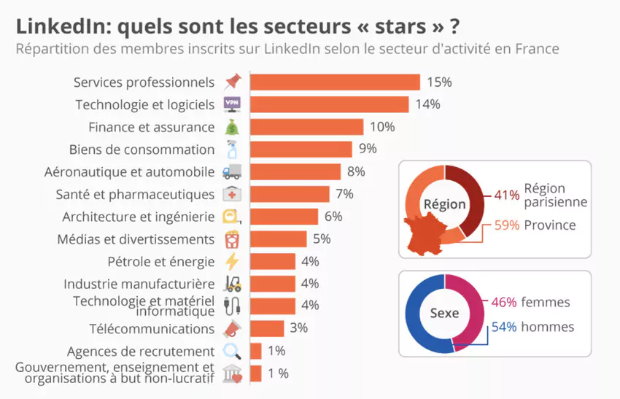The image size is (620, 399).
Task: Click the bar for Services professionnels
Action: tap(335, 82)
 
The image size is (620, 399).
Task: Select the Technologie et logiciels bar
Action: tap(329, 104)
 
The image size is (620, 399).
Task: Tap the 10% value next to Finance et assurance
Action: tap(382, 127)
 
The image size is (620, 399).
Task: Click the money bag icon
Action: tap(232, 127)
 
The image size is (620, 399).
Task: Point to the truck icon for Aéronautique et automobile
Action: tap(231, 172)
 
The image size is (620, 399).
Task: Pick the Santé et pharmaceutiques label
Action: tap(135, 194)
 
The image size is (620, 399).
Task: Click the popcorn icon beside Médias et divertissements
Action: tap(232, 239)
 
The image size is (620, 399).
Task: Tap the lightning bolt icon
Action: tap(232, 261)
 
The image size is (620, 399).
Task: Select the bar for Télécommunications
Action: tap(267, 328)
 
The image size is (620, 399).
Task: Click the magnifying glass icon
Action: tap(232, 351)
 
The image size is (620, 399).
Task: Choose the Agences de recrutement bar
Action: tap(255, 351)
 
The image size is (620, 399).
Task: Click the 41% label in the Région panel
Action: tap(506, 195)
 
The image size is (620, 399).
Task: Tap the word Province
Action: tap(549, 225)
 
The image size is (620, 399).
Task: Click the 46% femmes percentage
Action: tap(503, 302)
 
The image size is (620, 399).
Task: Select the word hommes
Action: tap(549, 327)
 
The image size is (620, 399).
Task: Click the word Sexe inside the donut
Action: tap(444, 313)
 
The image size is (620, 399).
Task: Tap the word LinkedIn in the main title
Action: tap(61, 26)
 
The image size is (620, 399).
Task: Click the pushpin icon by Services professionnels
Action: tap(232, 82)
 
